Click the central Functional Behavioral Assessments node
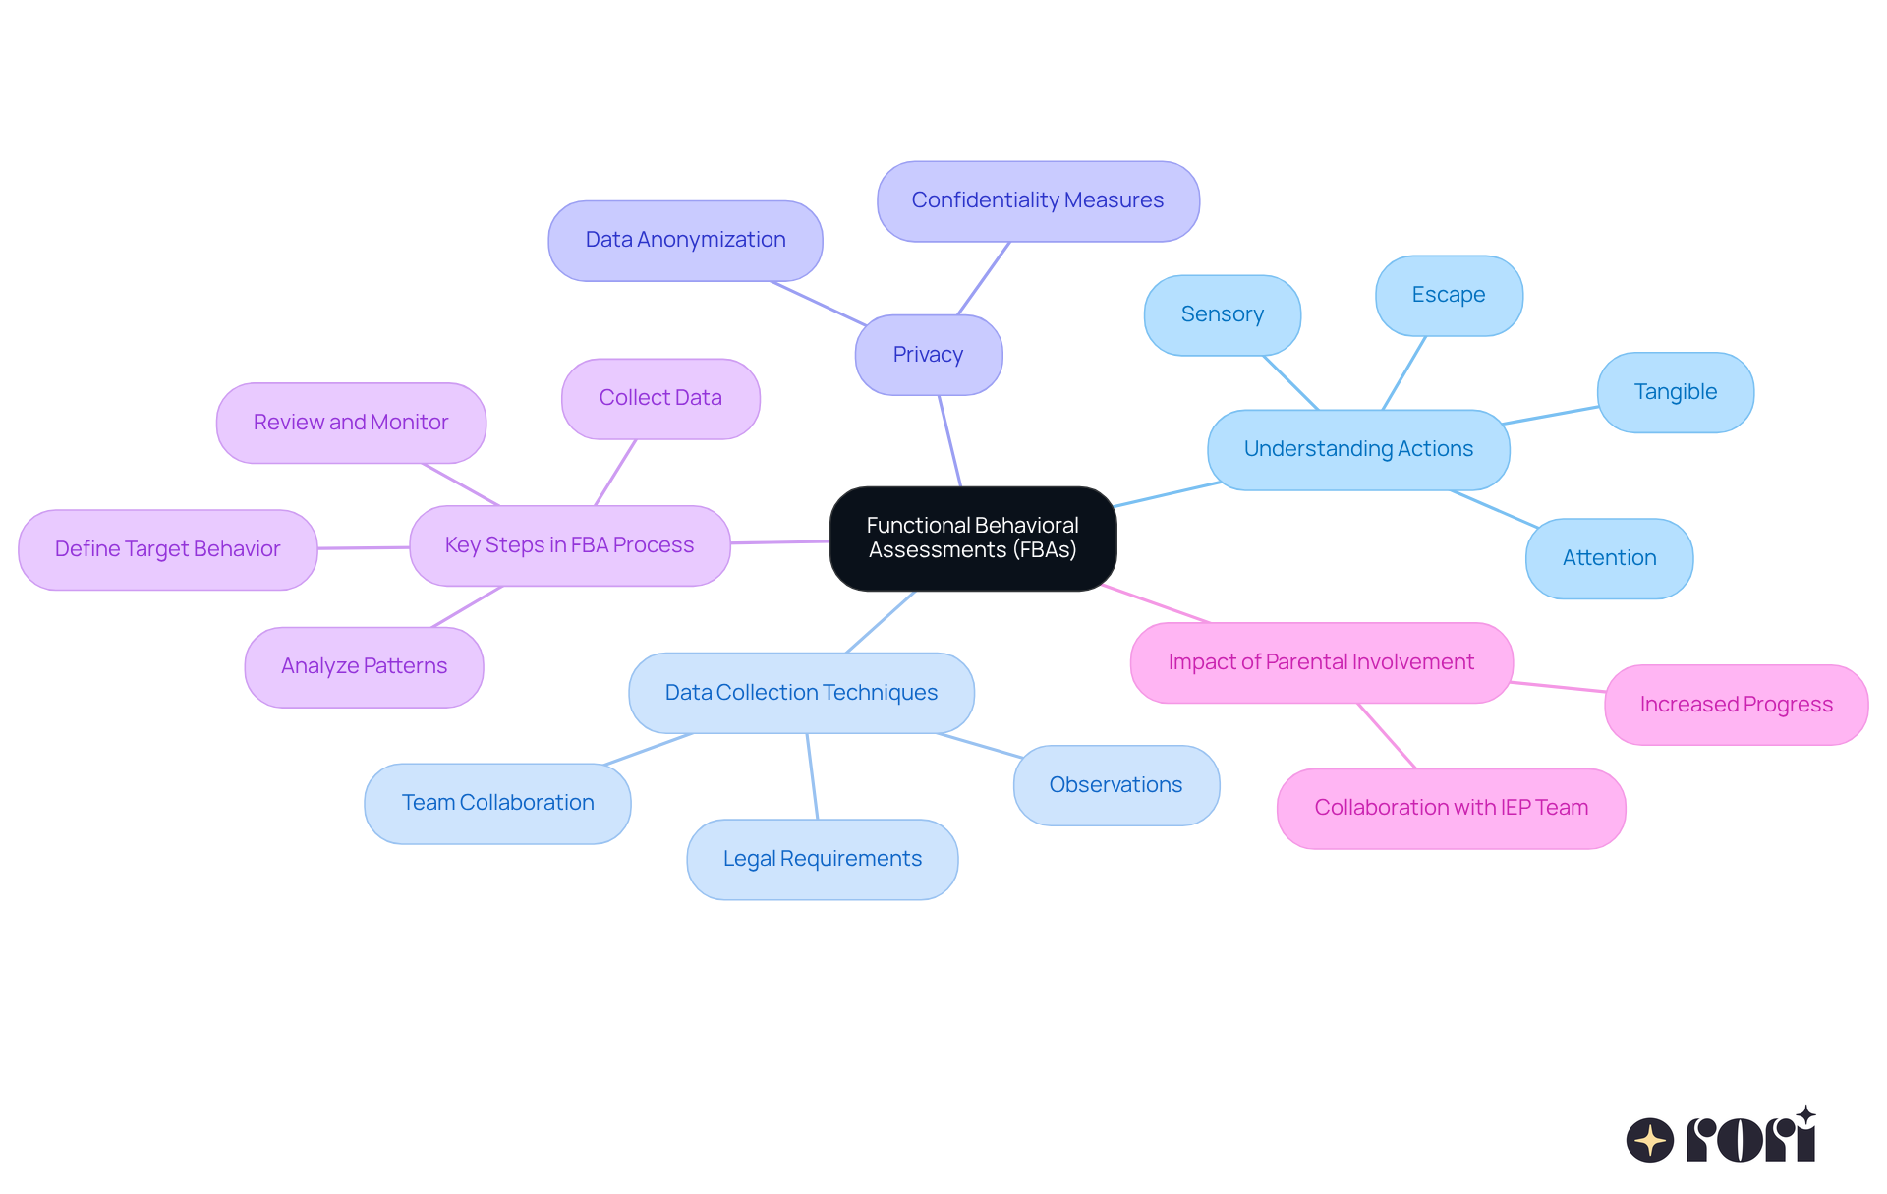coord(972,539)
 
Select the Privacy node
coord(928,355)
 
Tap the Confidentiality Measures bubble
coord(1038,201)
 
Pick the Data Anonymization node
coord(685,241)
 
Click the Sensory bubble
coord(1222,315)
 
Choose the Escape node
coord(1449,296)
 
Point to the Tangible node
coord(1675,392)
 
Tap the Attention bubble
coord(1609,558)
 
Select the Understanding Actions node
coord(1358,449)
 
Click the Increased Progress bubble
coord(1736,705)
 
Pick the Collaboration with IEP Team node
coord(1451,808)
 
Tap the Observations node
coord(1115,785)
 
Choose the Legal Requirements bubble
coord(822,859)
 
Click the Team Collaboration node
coord(497,803)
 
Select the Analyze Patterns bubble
coord(364,666)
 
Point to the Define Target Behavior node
coord(167,549)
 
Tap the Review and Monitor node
coord(351,423)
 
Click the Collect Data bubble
coord(660,398)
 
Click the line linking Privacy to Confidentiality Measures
coord(984,278)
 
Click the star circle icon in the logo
coord(1649,1140)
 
